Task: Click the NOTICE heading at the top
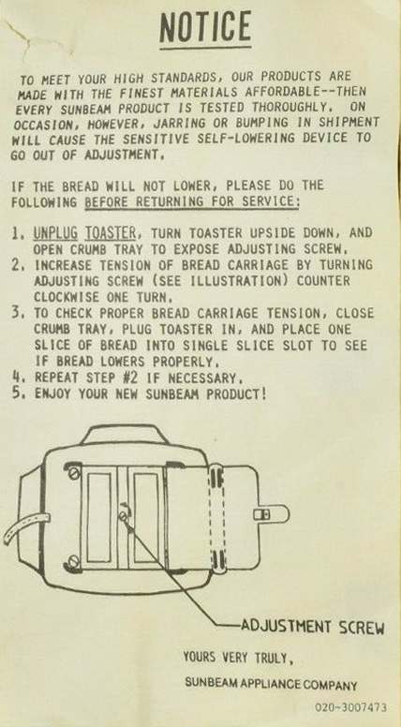[x=205, y=27]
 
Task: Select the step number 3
[x=18, y=314]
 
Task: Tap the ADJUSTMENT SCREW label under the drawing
[x=312, y=627]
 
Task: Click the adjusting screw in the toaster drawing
[x=125, y=515]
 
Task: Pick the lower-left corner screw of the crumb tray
[x=73, y=564]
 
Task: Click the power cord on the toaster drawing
[x=25, y=527]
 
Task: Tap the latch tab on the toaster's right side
[x=272, y=514]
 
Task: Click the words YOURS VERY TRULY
[x=238, y=657]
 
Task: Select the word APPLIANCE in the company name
[x=265, y=683]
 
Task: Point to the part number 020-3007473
[x=351, y=707]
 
